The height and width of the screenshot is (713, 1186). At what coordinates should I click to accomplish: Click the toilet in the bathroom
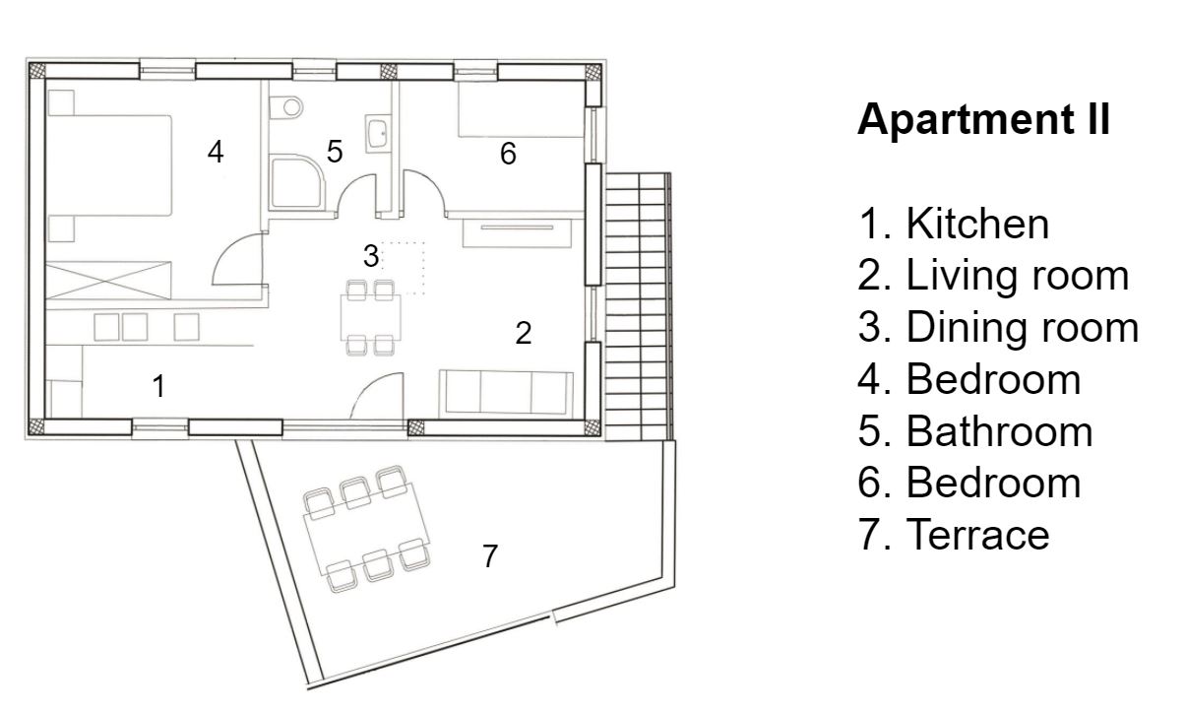(285, 107)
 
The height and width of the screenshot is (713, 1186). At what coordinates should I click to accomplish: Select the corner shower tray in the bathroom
(296, 182)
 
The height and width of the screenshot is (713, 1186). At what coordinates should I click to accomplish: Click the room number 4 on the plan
(216, 152)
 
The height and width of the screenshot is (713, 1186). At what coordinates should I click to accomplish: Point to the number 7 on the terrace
(490, 555)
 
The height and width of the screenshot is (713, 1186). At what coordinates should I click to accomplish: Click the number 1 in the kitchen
(158, 386)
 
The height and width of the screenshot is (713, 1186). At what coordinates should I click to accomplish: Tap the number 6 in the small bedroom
(508, 154)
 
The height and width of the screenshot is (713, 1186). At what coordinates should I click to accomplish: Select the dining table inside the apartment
(371, 317)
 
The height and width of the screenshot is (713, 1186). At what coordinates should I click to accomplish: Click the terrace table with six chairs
(367, 529)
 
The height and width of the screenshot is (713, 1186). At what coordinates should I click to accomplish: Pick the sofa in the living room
(507, 393)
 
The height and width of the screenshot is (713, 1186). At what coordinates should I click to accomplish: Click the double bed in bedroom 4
(109, 165)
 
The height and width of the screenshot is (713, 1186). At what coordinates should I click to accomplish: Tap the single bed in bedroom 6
(521, 109)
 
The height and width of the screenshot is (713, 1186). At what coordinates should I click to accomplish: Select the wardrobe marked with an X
(108, 280)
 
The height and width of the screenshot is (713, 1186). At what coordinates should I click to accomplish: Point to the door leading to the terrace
(377, 396)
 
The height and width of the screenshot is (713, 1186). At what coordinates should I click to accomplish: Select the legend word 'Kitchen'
(977, 224)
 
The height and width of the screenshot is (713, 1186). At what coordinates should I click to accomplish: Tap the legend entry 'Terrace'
(978, 535)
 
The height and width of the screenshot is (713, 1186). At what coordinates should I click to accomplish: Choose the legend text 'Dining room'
(1023, 327)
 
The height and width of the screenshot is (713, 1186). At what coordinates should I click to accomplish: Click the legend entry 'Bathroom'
(1000, 431)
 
